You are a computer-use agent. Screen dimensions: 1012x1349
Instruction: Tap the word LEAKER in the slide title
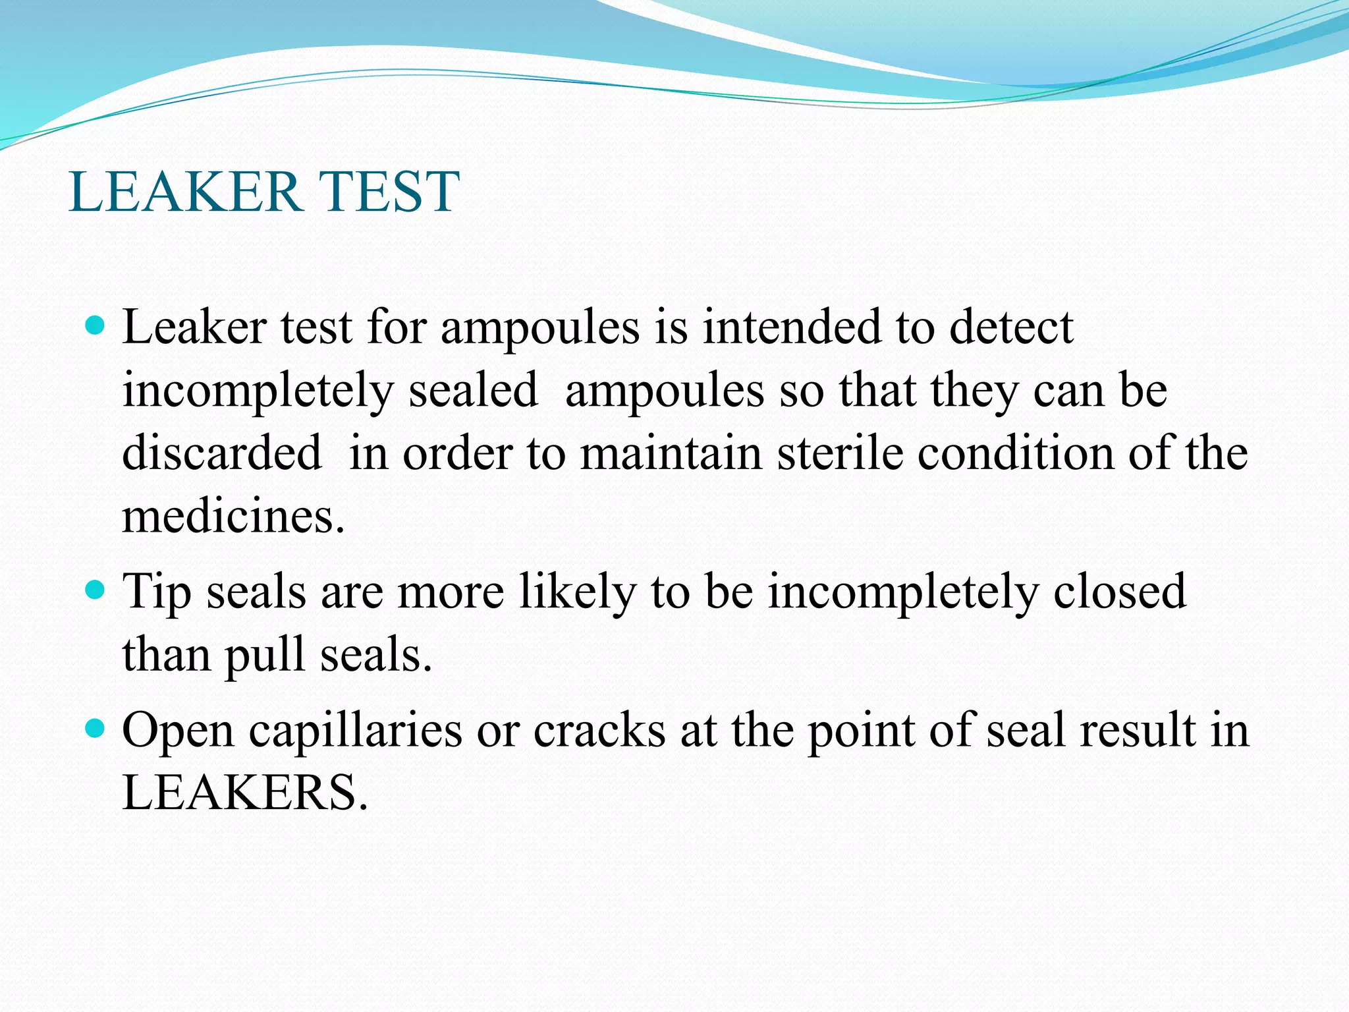[x=184, y=192]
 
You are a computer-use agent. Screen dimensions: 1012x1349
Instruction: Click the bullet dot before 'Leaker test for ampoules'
[x=96, y=325]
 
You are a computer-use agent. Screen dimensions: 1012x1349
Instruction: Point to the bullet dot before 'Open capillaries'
[x=96, y=729]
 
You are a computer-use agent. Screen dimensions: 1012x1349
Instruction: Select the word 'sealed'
[x=473, y=390]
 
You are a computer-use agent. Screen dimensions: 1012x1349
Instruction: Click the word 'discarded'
[x=222, y=453]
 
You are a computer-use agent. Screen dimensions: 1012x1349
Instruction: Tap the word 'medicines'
[x=233, y=516]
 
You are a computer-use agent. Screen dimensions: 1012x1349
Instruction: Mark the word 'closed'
[x=1119, y=591]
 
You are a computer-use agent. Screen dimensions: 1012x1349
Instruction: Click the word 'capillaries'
[x=355, y=731]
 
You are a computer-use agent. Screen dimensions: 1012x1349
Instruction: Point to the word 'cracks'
[x=599, y=730]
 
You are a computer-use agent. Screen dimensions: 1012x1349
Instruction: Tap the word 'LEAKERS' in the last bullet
[x=244, y=793]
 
